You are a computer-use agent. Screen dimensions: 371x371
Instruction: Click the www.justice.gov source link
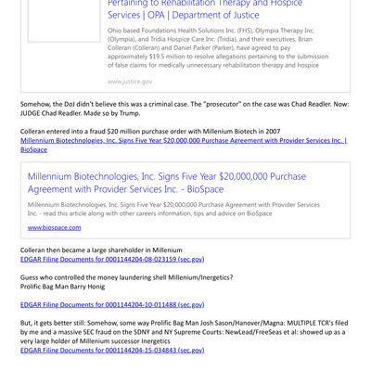[130, 81]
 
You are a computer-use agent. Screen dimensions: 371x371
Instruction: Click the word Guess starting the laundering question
[32, 276]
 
